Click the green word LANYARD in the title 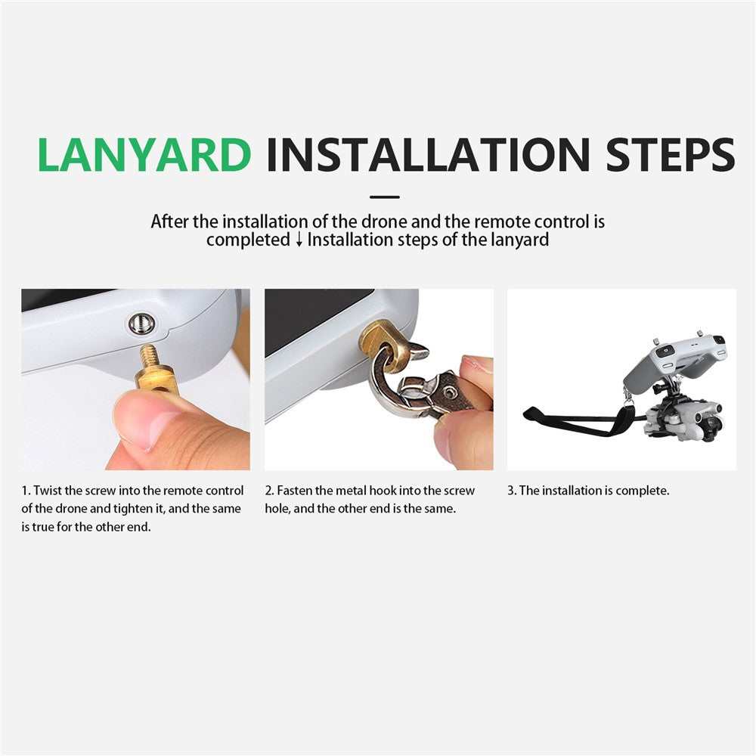pos(144,155)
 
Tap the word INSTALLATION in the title pos(428,155)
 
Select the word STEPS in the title pos(671,155)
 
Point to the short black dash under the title pos(384,197)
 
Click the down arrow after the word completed pos(299,240)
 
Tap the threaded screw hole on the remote pos(142,324)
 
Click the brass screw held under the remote pos(155,370)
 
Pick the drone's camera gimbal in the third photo pos(707,423)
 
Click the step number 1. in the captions pos(26,491)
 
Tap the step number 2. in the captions pos(270,491)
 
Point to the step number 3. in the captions pos(512,491)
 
